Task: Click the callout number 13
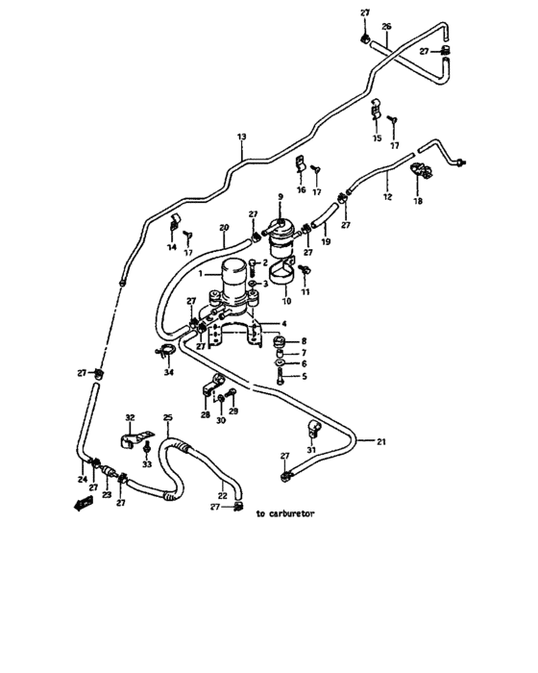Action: coord(241,139)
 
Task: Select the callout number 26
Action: coord(387,26)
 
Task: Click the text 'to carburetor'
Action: coord(285,513)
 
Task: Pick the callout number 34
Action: coord(169,372)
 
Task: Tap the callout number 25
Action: coord(167,418)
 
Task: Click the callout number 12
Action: coord(387,196)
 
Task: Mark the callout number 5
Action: coord(304,377)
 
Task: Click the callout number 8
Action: coord(304,340)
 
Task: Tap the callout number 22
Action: coord(222,496)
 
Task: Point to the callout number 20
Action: coord(223,228)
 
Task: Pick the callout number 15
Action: coord(376,138)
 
